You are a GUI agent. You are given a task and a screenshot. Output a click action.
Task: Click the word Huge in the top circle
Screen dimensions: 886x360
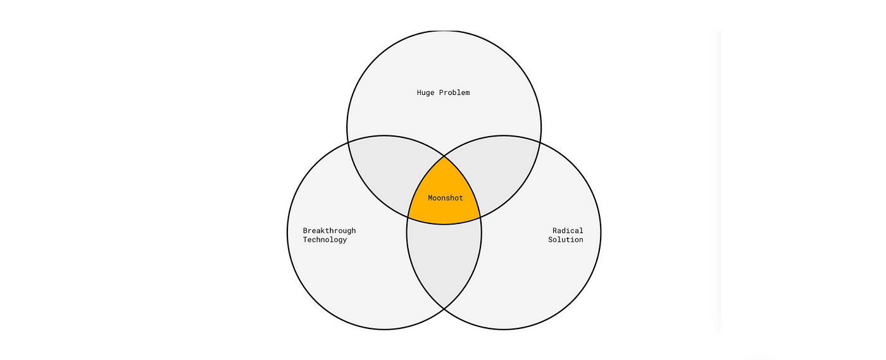[426, 93]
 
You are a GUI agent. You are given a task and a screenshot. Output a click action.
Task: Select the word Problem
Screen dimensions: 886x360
[454, 93]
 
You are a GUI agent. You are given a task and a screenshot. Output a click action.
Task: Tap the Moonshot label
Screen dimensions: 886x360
[446, 198]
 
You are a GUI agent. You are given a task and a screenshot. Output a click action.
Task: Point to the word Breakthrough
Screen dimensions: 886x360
[329, 231]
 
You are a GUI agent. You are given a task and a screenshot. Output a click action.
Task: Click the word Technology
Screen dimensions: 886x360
[325, 240]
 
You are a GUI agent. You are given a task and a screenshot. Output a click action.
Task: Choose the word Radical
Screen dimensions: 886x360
[568, 231]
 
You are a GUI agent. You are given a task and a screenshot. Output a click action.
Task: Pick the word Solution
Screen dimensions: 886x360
[566, 240]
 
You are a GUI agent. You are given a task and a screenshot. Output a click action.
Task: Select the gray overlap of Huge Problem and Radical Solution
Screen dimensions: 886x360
[500, 171]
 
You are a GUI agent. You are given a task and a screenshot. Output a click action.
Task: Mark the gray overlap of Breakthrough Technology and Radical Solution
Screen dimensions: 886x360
[444, 266]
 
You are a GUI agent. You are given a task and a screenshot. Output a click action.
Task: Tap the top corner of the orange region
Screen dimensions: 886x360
[444, 156]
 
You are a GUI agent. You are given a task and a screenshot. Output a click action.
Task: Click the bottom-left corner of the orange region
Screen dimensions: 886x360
[408, 218]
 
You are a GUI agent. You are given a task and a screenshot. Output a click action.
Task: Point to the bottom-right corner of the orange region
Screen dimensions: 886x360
[480, 218]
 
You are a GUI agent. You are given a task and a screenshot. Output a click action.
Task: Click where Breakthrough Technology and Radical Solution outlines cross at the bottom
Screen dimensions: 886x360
[444, 309]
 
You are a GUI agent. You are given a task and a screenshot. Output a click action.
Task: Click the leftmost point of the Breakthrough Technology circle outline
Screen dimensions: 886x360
[287, 232]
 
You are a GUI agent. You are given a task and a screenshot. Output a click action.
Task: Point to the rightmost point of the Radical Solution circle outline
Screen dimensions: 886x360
[601, 232]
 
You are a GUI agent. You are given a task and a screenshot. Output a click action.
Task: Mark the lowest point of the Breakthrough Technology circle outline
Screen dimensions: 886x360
[384, 329]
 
